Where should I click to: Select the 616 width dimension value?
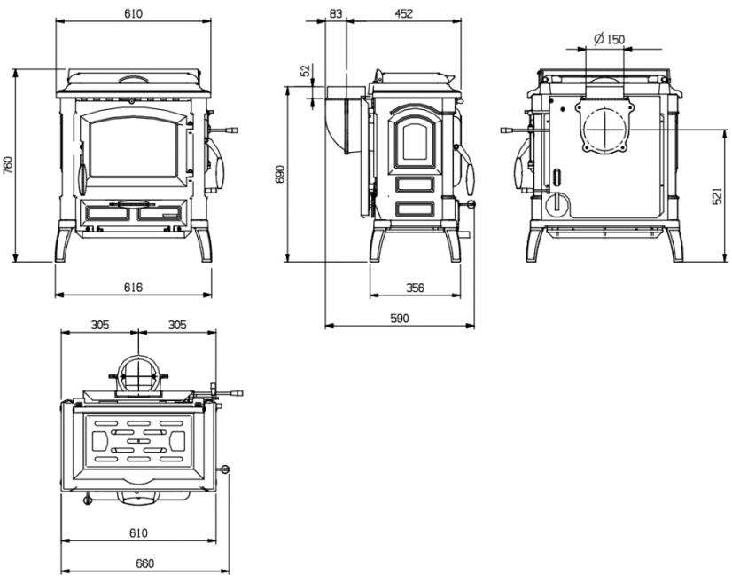click(x=133, y=287)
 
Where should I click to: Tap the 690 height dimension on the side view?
click(x=280, y=174)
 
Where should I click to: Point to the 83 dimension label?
click(x=336, y=13)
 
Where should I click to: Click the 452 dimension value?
click(x=404, y=13)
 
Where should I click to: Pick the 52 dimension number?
click(x=306, y=71)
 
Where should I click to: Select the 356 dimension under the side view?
click(x=415, y=288)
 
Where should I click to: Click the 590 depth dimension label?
click(x=399, y=318)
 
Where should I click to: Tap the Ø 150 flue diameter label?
click(x=609, y=39)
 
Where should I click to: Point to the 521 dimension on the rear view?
click(x=718, y=195)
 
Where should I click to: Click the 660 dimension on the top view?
click(x=144, y=563)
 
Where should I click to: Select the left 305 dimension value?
click(x=100, y=325)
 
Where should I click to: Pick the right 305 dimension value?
click(x=177, y=325)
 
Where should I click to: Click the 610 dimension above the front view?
click(x=133, y=13)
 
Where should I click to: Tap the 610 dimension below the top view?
click(x=138, y=532)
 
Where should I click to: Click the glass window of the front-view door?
click(x=133, y=146)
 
